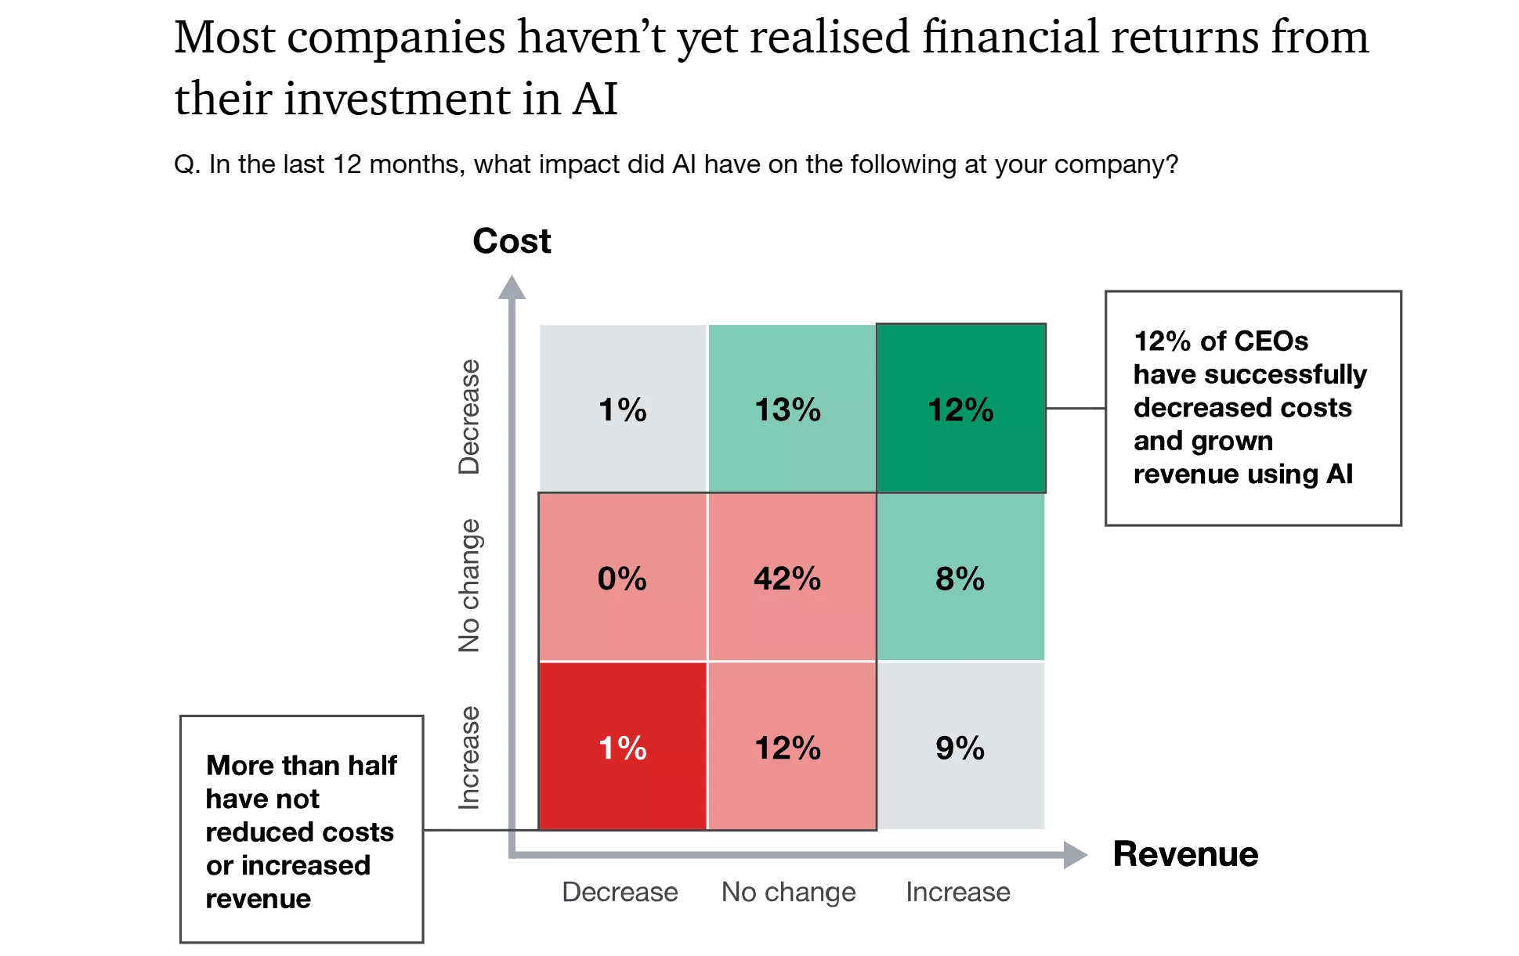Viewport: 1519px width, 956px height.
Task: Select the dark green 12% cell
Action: (960, 409)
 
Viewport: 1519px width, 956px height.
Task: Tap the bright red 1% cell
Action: (623, 747)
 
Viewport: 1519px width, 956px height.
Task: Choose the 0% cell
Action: (623, 578)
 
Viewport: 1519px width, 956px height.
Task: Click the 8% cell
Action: (960, 578)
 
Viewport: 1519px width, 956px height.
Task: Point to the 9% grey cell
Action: (960, 747)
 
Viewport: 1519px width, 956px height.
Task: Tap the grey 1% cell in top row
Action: (623, 409)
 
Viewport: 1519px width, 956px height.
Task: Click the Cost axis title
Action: (512, 241)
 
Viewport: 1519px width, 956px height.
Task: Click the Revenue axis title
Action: (1185, 854)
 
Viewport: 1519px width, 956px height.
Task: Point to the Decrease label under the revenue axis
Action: (620, 892)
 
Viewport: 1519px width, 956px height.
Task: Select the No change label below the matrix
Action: (788, 892)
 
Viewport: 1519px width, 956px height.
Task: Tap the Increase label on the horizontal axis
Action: (957, 892)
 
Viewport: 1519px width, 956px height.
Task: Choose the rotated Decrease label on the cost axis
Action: (469, 417)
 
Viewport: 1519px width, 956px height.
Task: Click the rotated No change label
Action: (469, 586)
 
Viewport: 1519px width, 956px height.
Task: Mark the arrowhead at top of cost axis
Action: (512, 287)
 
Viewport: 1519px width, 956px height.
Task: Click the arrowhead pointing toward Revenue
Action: (1076, 854)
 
